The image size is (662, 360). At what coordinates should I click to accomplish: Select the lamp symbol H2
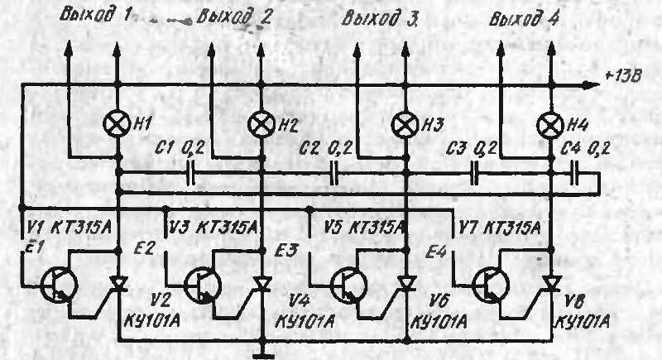pyautogui.click(x=261, y=125)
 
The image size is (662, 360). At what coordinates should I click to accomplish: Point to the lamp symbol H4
pyautogui.click(x=549, y=125)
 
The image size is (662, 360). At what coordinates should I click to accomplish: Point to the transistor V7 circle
pyautogui.click(x=490, y=283)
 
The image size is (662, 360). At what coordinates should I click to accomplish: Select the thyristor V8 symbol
pyautogui.click(x=549, y=284)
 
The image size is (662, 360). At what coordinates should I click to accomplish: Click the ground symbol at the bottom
pyautogui.click(x=261, y=354)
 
